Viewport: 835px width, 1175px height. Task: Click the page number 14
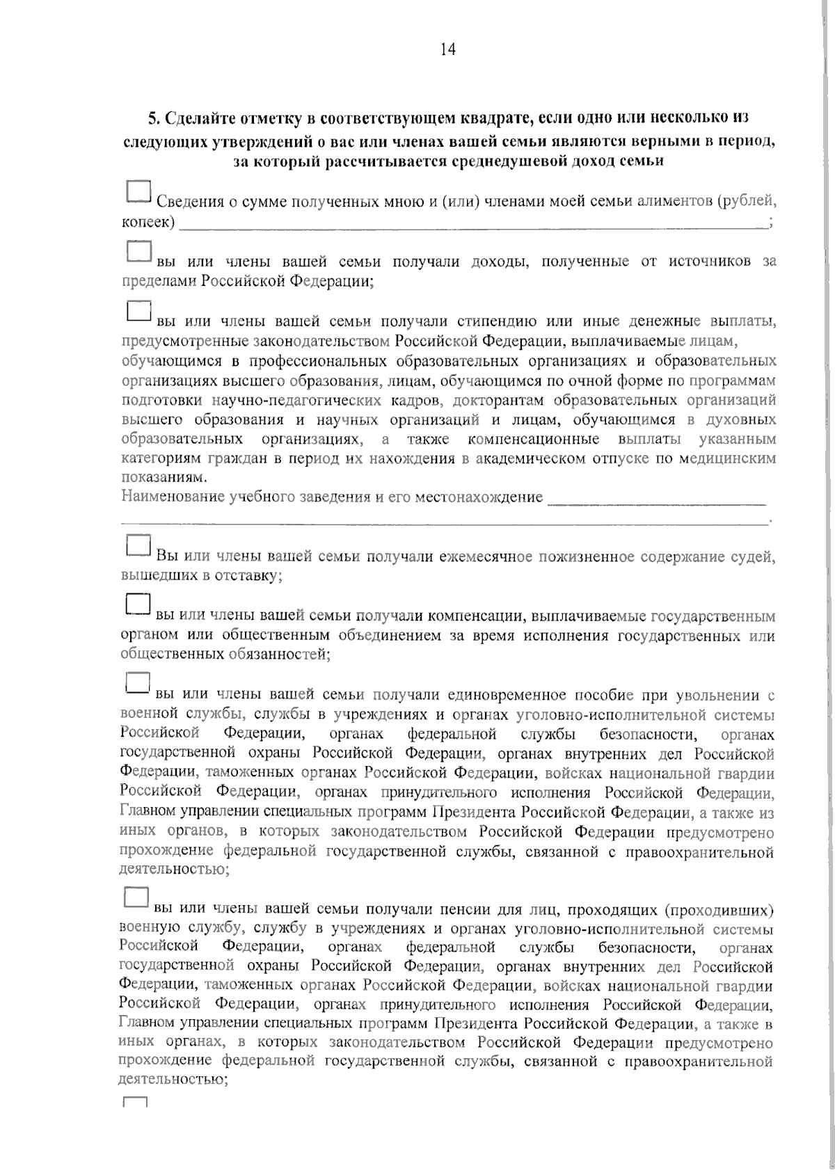tap(447, 49)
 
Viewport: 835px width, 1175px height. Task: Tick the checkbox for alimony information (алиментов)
tap(138, 193)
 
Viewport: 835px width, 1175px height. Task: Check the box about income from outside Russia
tap(138, 252)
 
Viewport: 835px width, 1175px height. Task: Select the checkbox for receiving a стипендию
tap(138, 311)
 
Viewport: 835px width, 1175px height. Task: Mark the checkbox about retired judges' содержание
tap(138, 545)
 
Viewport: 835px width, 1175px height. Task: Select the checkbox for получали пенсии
tap(136, 897)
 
